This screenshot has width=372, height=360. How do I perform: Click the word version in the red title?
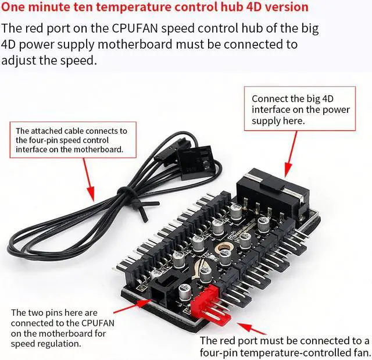[x=285, y=8]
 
